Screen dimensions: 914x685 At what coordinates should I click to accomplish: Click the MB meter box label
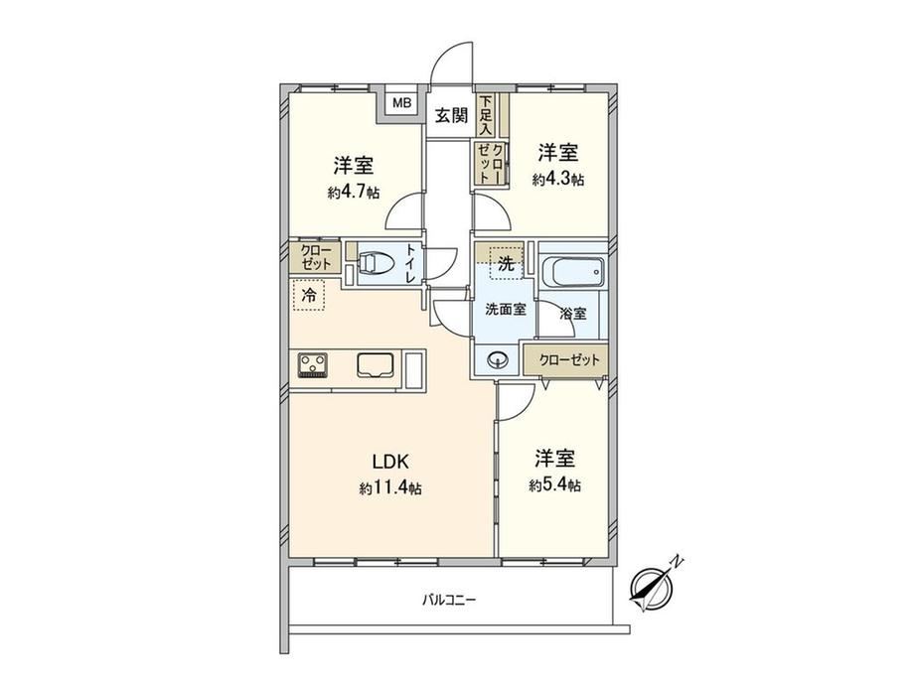[x=401, y=103]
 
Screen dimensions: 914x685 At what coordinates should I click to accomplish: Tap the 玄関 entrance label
[x=452, y=115]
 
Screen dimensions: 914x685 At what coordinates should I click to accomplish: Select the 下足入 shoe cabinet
[x=486, y=115]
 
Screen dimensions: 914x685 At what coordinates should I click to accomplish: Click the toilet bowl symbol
[x=371, y=263]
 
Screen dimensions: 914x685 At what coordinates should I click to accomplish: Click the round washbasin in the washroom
[x=498, y=359]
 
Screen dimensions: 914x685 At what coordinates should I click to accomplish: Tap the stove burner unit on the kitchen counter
[x=313, y=365]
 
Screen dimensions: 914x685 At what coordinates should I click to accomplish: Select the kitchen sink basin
[x=376, y=366]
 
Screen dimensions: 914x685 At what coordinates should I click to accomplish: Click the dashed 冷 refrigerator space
[x=309, y=295]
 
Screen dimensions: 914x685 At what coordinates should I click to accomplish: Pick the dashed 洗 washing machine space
[x=506, y=263]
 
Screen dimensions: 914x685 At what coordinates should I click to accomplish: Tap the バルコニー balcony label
[x=449, y=599]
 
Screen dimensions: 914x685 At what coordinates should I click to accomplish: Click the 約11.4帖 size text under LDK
[x=390, y=488]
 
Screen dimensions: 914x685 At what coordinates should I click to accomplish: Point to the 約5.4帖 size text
[x=554, y=484]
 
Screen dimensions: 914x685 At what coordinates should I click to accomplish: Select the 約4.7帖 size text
[x=354, y=193]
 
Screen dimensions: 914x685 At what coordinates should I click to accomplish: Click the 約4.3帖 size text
[x=557, y=179]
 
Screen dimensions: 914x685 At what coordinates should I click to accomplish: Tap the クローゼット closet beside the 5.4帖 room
[x=565, y=360]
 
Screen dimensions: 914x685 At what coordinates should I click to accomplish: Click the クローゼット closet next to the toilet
[x=315, y=257]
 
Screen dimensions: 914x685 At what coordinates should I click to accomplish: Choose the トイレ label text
[x=410, y=263]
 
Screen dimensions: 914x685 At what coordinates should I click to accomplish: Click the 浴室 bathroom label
[x=572, y=314]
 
